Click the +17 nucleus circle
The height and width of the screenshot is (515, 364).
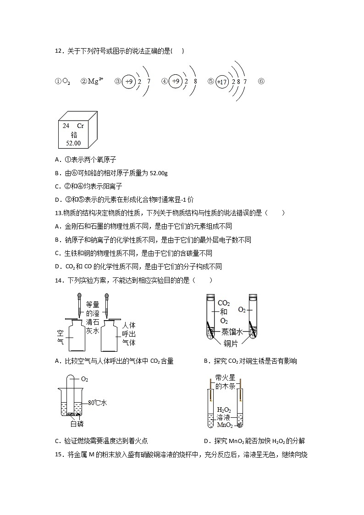[x=222, y=82]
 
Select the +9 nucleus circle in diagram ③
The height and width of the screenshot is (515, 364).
[x=130, y=82]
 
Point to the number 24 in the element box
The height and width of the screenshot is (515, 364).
[x=66, y=126]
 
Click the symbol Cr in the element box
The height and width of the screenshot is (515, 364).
[x=80, y=126]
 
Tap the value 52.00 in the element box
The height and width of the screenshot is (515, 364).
[x=73, y=143]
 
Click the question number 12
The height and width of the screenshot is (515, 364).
[x=58, y=51]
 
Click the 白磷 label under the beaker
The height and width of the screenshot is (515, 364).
[x=77, y=424]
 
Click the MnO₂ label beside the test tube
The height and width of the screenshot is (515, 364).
[x=225, y=425]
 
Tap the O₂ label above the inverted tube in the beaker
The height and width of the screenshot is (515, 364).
[x=84, y=379]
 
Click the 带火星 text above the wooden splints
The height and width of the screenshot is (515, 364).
[x=226, y=378]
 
